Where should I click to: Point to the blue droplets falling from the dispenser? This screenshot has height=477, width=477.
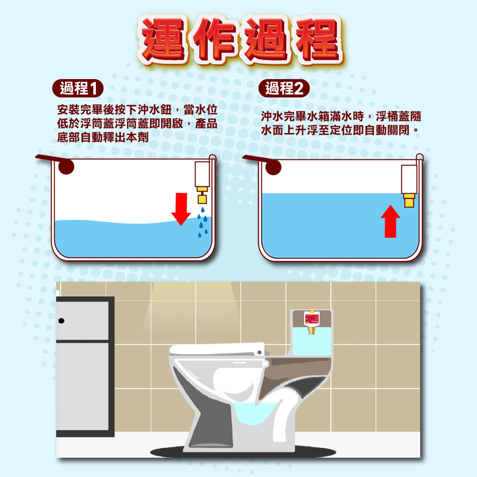coord(203,220)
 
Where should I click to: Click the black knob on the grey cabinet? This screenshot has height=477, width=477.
coord(61,321)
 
